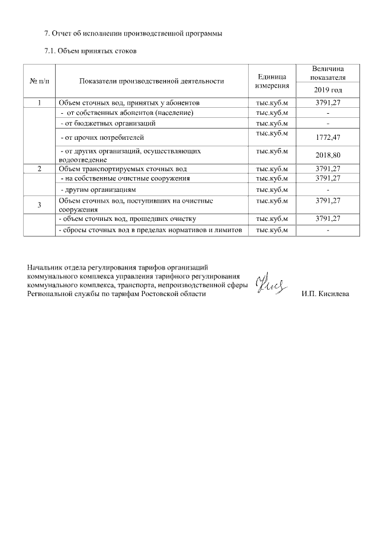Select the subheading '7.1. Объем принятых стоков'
pos(91,51)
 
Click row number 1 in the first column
pos(39,102)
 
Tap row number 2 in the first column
pos(39,169)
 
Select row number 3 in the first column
pos(39,205)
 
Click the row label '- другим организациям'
pos(99,190)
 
